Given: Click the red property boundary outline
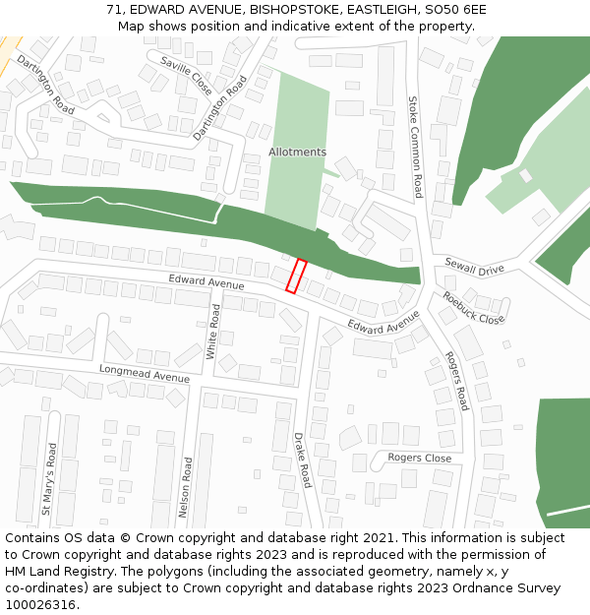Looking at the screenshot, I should pyautogui.click(x=296, y=276).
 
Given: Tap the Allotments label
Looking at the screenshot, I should pyautogui.click(x=297, y=153).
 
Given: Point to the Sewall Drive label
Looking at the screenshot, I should pyautogui.click(x=474, y=267).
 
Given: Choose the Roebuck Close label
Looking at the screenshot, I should pyautogui.click(x=473, y=307).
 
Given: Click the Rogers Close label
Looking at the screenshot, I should pyautogui.click(x=419, y=458).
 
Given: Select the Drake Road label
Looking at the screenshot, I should pyautogui.click(x=302, y=460).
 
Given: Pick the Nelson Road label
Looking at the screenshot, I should pyautogui.click(x=184, y=486).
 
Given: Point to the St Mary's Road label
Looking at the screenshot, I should pyautogui.click(x=48, y=479).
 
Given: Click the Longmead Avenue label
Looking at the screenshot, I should pyautogui.click(x=144, y=373).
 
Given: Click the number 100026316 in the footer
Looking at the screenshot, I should pyautogui.click(x=41, y=605).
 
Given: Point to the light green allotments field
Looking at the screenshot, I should pyautogui.click(x=295, y=187).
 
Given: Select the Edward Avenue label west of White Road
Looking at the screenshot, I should pyautogui.click(x=206, y=283).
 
